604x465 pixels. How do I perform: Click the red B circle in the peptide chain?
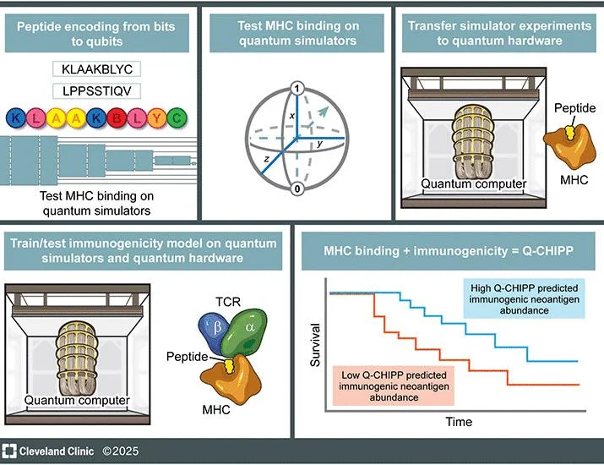click(x=117, y=118)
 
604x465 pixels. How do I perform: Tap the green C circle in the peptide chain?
click(x=177, y=118)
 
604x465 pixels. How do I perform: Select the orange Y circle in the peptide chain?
click(x=157, y=118)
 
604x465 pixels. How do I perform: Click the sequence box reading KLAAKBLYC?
click(x=96, y=69)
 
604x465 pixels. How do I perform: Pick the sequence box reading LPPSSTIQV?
click(x=96, y=91)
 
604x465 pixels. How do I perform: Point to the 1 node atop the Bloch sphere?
click(x=297, y=89)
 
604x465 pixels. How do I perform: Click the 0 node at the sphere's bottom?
click(x=297, y=189)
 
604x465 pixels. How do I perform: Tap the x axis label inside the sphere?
click(x=292, y=115)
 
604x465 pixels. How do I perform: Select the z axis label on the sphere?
click(x=267, y=158)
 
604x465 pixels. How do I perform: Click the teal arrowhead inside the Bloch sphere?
click(x=324, y=111)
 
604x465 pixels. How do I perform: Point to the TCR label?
click(x=228, y=302)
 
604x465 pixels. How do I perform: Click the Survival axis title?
click(x=315, y=345)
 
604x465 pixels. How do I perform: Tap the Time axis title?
click(x=459, y=421)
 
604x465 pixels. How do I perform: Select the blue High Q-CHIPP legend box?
click(x=524, y=298)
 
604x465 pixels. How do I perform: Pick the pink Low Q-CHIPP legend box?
click(x=394, y=386)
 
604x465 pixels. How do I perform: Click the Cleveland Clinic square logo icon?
click(x=8, y=451)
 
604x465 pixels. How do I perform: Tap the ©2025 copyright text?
click(x=120, y=451)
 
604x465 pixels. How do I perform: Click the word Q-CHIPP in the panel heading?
click(x=547, y=251)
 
